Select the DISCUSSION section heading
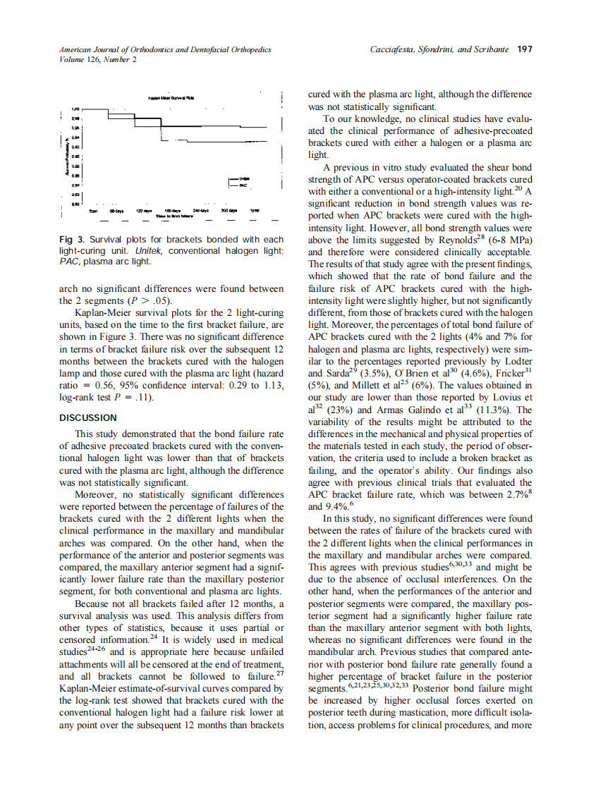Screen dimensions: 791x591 click(x=88, y=417)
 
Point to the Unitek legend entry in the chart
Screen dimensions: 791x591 click(x=244, y=179)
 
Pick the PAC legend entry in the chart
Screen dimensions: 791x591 click(x=243, y=185)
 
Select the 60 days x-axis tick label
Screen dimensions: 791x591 click(x=117, y=210)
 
